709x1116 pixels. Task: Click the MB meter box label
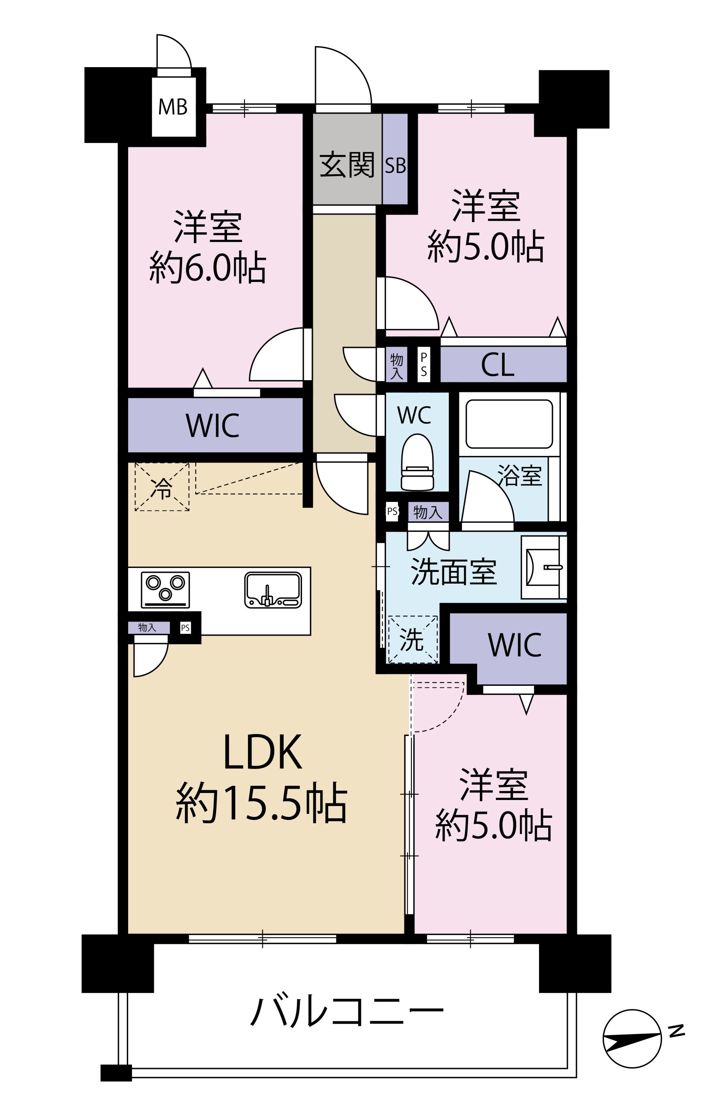click(173, 107)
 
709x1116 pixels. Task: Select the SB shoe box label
click(395, 166)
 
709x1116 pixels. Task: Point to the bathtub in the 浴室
click(509, 424)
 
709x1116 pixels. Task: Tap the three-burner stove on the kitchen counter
click(166, 589)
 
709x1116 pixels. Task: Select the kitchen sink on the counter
click(273, 589)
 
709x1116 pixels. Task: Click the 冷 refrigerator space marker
click(162, 487)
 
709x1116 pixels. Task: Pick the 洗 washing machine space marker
click(412, 640)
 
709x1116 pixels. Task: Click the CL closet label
click(498, 365)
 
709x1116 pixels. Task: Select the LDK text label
click(262, 753)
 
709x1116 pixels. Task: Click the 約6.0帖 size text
click(207, 267)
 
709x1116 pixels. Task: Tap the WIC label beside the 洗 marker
click(514, 645)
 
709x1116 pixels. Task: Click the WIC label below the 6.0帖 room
click(212, 425)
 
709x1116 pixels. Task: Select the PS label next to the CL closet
click(424, 365)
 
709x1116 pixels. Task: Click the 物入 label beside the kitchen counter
click(147, 627)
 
